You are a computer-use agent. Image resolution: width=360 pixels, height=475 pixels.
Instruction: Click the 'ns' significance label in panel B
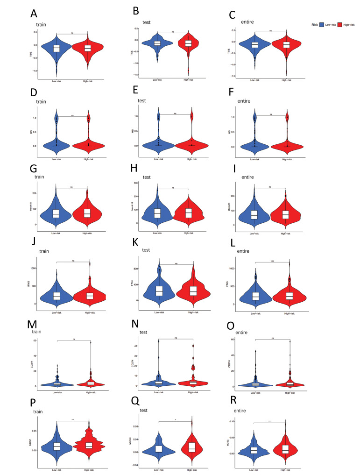click(x=173, y=32)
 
